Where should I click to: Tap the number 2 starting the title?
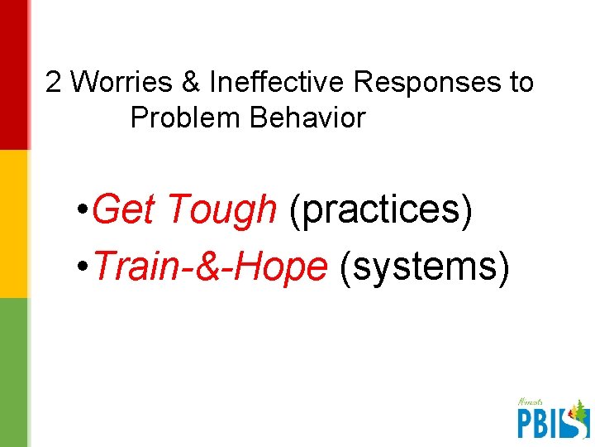point(55,83)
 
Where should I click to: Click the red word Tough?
point(221,210)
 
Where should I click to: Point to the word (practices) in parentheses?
point(381,210)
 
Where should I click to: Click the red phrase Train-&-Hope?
point(211,267)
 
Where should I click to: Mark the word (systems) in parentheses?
point(421,267)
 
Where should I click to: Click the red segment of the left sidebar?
point(13,74)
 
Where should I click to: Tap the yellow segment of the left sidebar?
point(13,223)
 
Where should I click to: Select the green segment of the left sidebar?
point(13,372)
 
